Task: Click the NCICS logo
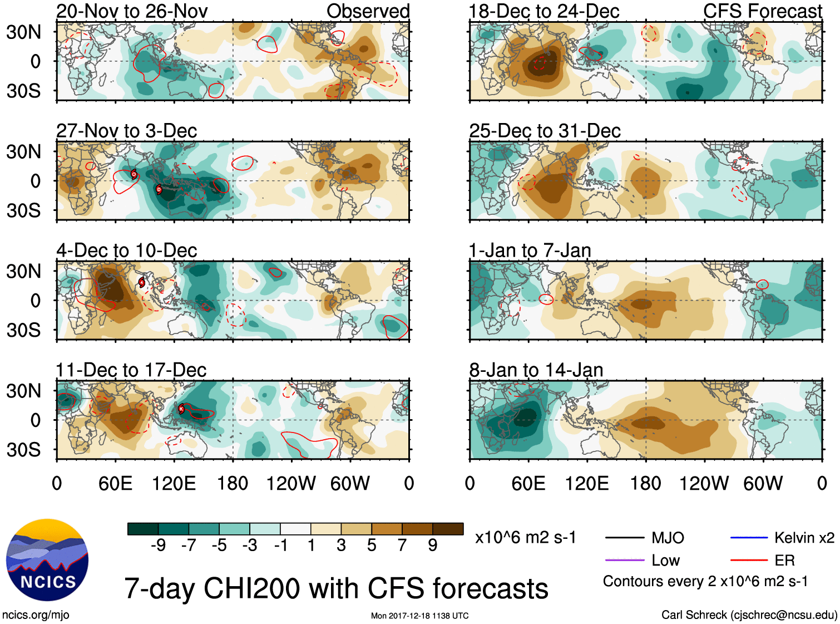click(x=47, y=560)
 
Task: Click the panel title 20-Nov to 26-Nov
click(x=132, y=11)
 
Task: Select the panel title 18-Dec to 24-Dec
click(x=543, y=11)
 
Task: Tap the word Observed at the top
click(x=368, y=11)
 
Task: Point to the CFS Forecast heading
click(x=762, y=11)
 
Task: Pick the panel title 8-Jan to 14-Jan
click(x=536, y=370)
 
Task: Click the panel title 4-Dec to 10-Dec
click(x=126, y=250)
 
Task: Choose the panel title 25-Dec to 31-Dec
click(x=545, y=131)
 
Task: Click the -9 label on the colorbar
click(x=158, y=545)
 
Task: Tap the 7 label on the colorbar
click(x=402, y=545)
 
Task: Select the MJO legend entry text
click(x=668, y=538)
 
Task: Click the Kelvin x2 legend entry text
click(x=804, y=538)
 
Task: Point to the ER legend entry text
click(x=784, y=560)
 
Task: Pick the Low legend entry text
click(x=665, y=560)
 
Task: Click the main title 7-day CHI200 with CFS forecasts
click(x=336, y=588)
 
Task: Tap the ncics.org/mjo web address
click(x=36, y=615)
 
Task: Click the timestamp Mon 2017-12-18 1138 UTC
click(x=419, y=616)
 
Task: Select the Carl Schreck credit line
click(x=749, y=615)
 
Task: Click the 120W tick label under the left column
click(x=291, y=483)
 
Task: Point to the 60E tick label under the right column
click(x=528, y=483)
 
